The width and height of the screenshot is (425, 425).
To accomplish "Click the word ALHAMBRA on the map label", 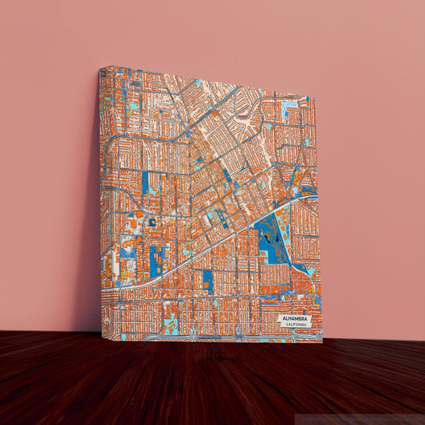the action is tap(295, 317).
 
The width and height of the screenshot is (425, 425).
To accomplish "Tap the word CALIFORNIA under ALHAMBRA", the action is tap(295, 324).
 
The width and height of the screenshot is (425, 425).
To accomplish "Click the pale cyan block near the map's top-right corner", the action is tap(289, 104).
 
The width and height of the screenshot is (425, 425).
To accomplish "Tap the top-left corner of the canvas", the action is tap(100, 68).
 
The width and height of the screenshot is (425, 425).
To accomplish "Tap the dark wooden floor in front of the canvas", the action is tap(207, 383).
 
